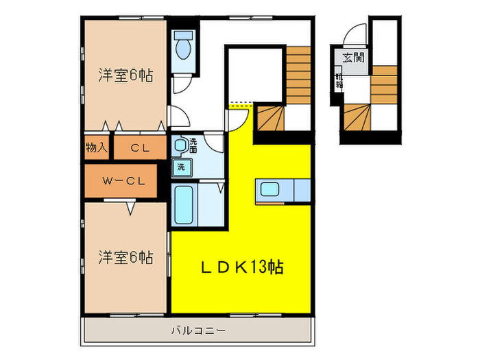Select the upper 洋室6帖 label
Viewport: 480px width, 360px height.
pyautogui.click(x=125, y=75)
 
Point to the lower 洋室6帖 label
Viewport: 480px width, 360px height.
pyautogui.click(x=125, y=258)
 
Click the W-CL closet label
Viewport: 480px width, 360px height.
pyautogui.click(x=123, y=181)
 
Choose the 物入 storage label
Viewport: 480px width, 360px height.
pyautogui.click(x=97, y=147)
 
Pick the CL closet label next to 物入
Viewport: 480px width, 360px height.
pyautogui.click(x=140, y=147)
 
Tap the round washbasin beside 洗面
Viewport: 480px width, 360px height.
pyautogui.click(x=180, y=145)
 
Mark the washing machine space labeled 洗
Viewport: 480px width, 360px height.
pyautogui.click(x=182, y=167)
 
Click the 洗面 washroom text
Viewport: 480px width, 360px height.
pyautogui.click(x=193, y=145)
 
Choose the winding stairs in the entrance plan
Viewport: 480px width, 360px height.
pyautogui.click(x=357, y=117)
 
